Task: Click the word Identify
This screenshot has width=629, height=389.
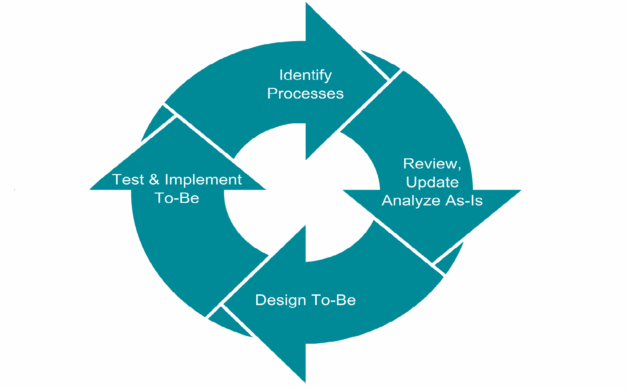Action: (x=305, y=75)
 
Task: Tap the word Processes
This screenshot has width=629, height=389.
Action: (x=305, y=94)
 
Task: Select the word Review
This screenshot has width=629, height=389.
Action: (x=430, y=164)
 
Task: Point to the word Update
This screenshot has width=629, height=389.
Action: (x=432, y=182)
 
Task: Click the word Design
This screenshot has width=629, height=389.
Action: (x=281, y=300)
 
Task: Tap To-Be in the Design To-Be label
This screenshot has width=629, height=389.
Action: (x=334, y=300)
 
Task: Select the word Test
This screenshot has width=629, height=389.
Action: (x=128, y=180)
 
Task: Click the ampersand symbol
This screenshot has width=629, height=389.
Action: (x=154, y=180)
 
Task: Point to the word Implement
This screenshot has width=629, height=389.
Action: (x=203, y=180)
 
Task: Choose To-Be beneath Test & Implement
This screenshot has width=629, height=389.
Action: (x=177, y=198)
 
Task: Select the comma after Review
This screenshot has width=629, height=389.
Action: (x=459, y=168)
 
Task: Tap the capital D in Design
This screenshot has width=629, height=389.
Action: (x=260, y=300)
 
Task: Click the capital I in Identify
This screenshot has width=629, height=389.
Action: (x=281, y=75)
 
